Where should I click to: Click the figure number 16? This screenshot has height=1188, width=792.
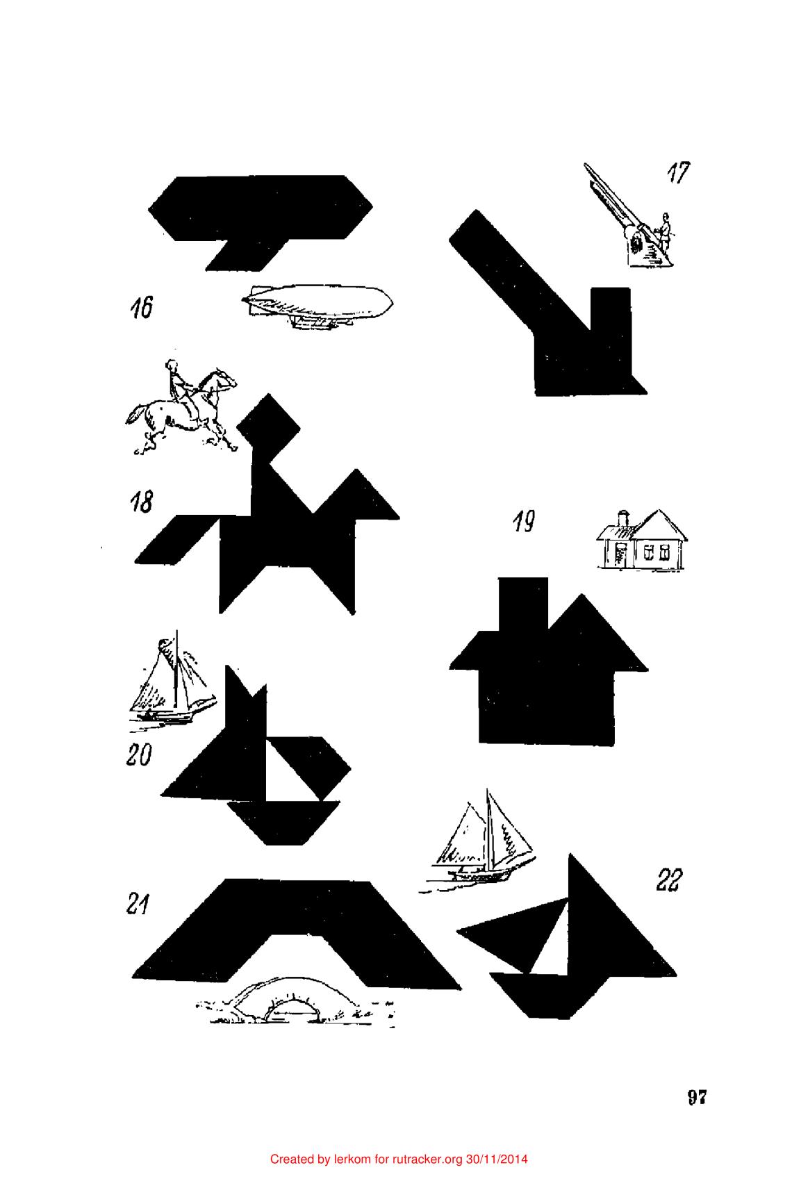(x=141, y=308)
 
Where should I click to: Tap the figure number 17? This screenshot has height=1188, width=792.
(x=678, y=172)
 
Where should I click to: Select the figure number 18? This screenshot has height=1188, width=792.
(x=141, y=502)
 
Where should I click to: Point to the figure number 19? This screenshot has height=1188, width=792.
(x=524, y=521)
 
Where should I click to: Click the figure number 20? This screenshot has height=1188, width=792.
(x=139, y=754)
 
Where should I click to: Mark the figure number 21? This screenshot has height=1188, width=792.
(x=138, y=904)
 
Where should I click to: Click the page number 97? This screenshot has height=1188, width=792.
(x=697, y=1097)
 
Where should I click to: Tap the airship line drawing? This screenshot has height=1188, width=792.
(x=317, y=306)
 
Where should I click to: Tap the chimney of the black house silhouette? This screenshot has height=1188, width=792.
(x=523, y=604)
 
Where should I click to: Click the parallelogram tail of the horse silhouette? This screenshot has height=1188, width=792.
(x=176, y=539)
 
